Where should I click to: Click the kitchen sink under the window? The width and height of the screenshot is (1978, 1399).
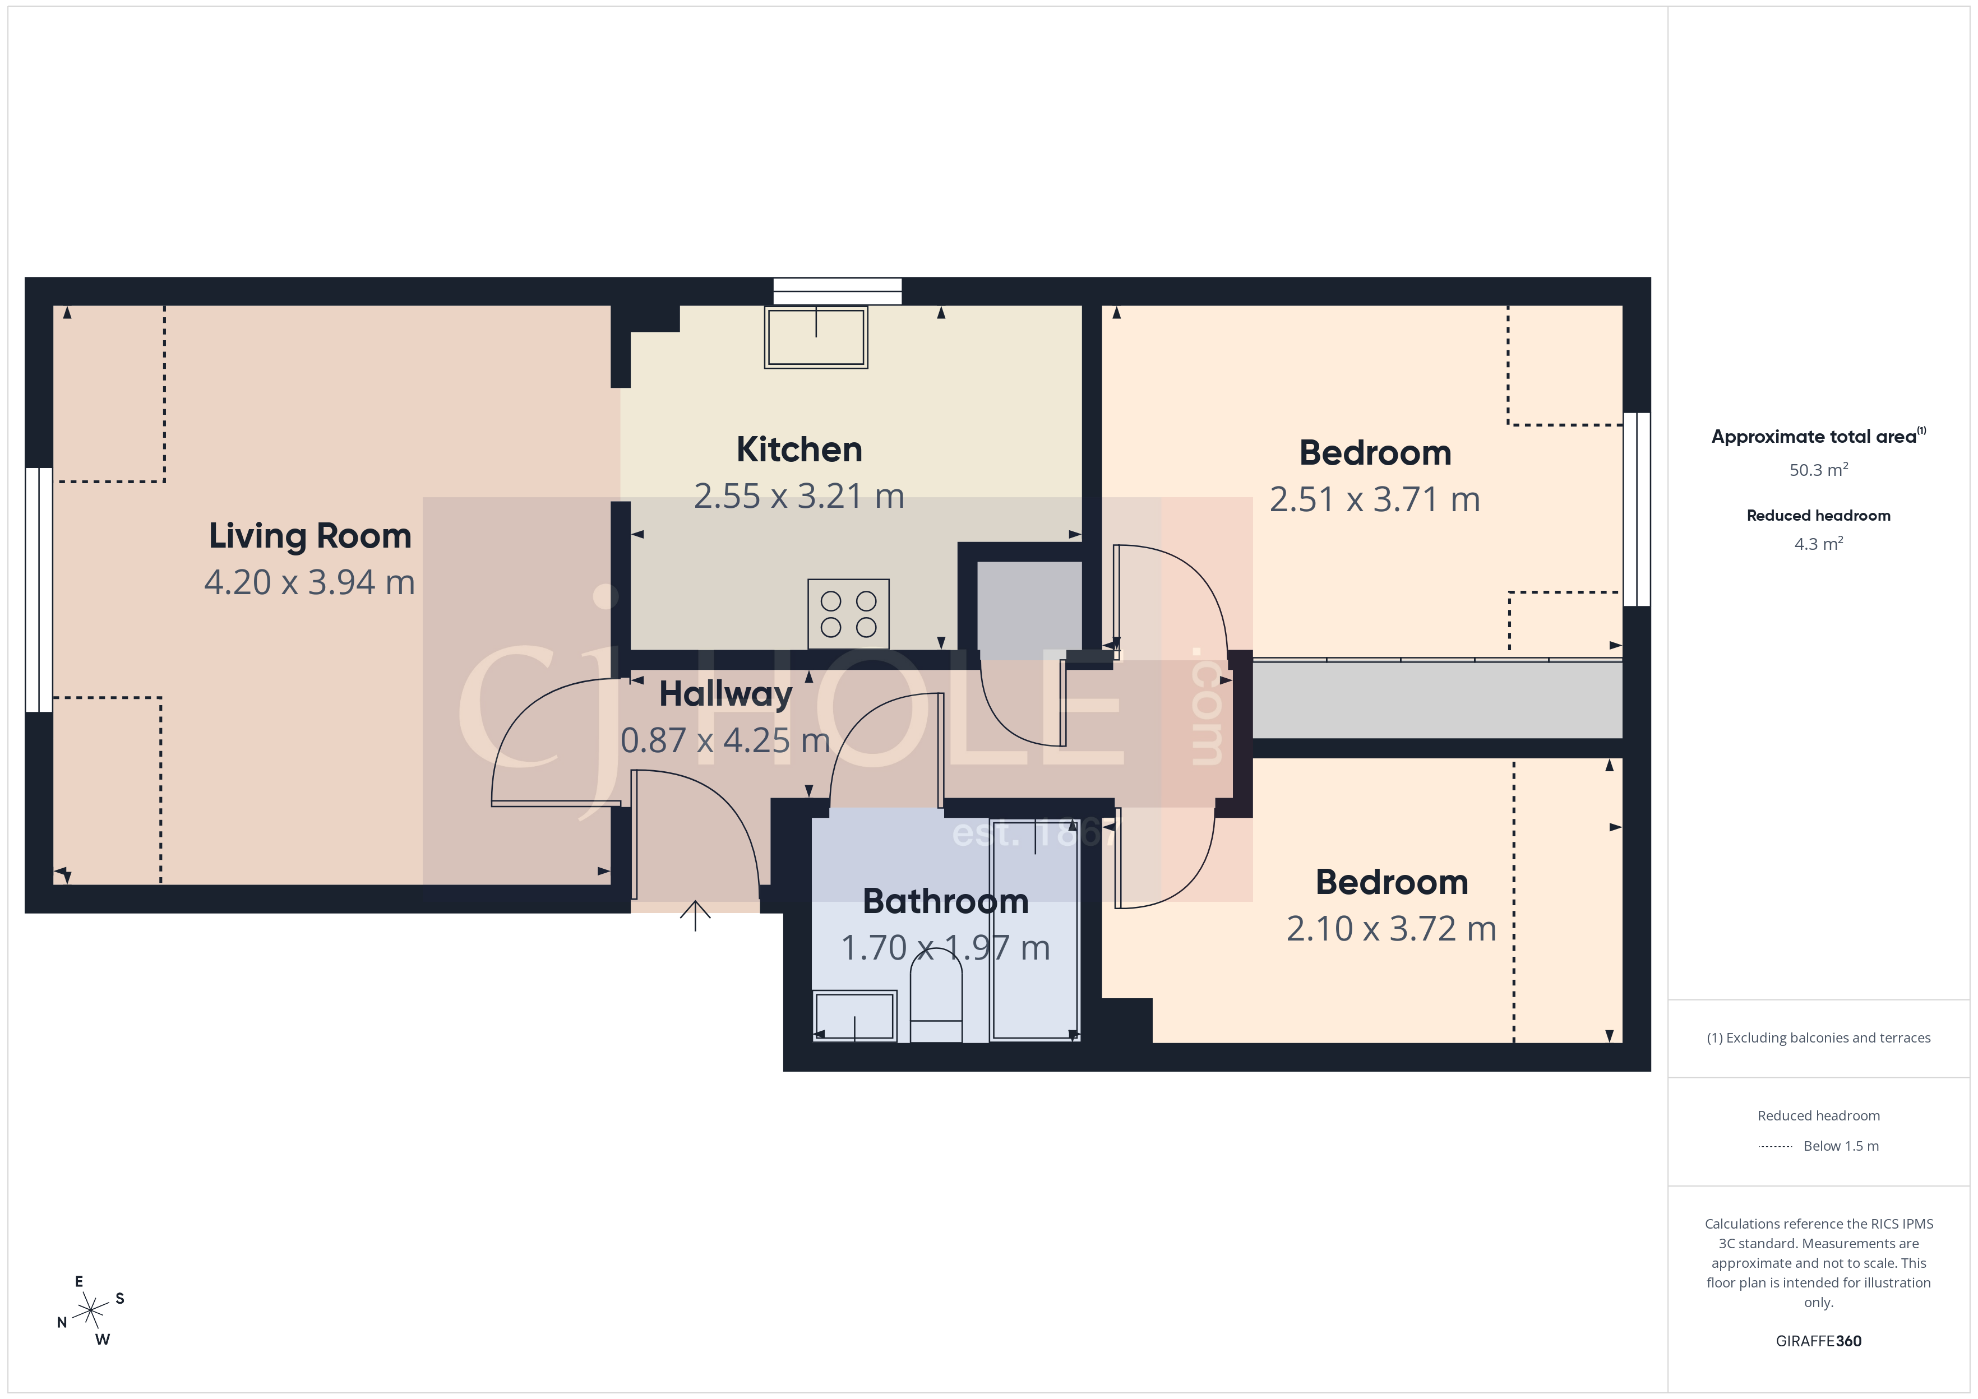[815, 337]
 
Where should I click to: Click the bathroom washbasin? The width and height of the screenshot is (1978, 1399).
[854, 1017]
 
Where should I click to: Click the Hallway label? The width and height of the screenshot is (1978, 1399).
[725, 694]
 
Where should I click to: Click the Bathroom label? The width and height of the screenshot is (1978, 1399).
[945, 902]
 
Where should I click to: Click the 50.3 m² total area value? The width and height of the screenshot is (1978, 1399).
[1818, 470]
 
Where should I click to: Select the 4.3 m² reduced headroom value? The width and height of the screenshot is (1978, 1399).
[1818, 544]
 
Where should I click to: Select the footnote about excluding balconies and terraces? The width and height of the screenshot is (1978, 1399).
[1818, 1038]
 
